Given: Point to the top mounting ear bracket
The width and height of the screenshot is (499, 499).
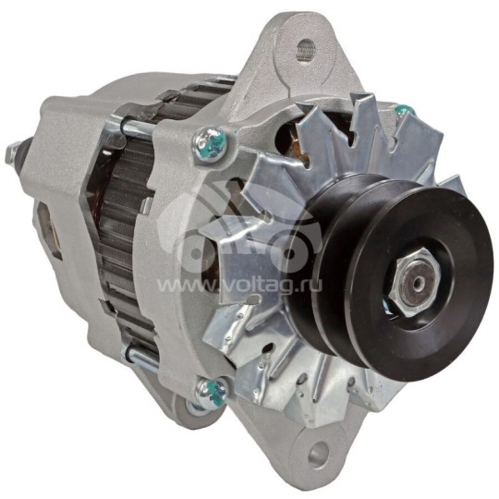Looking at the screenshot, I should (296, 55).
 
